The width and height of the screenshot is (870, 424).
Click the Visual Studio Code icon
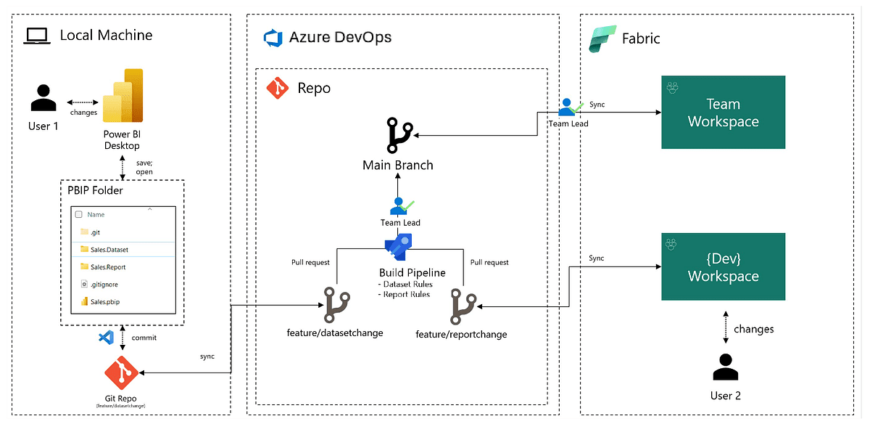pyautogui.click(x=106, y=338)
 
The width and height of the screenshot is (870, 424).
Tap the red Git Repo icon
pyautogui.click(x=121, y=372)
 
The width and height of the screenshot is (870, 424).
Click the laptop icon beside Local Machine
pyautogui.click(x=36, y=36)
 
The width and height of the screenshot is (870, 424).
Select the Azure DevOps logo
pyautogui.click(x=273, y=37)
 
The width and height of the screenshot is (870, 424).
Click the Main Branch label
pyautogui.click(x=398, y=166)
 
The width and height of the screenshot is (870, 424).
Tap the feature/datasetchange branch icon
pyautogui.click(x=336, y=306)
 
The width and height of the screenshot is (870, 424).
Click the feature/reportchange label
pyautogui.click(x=461, y=334)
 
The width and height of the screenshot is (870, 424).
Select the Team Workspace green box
pyautogui.click(x=723, y=113)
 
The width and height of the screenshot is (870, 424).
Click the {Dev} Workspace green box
pyautogui.click(x=723, y=267)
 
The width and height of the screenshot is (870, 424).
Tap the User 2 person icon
pyautogui.click(x=725, y=367)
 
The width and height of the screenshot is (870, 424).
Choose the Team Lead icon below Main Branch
pyautogui.click(x=399, y=206)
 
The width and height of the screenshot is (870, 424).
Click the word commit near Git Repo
pyautogui.click(x=144, y=338)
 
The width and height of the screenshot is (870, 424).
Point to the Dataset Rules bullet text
pyautogui.click(x=406, y=285)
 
